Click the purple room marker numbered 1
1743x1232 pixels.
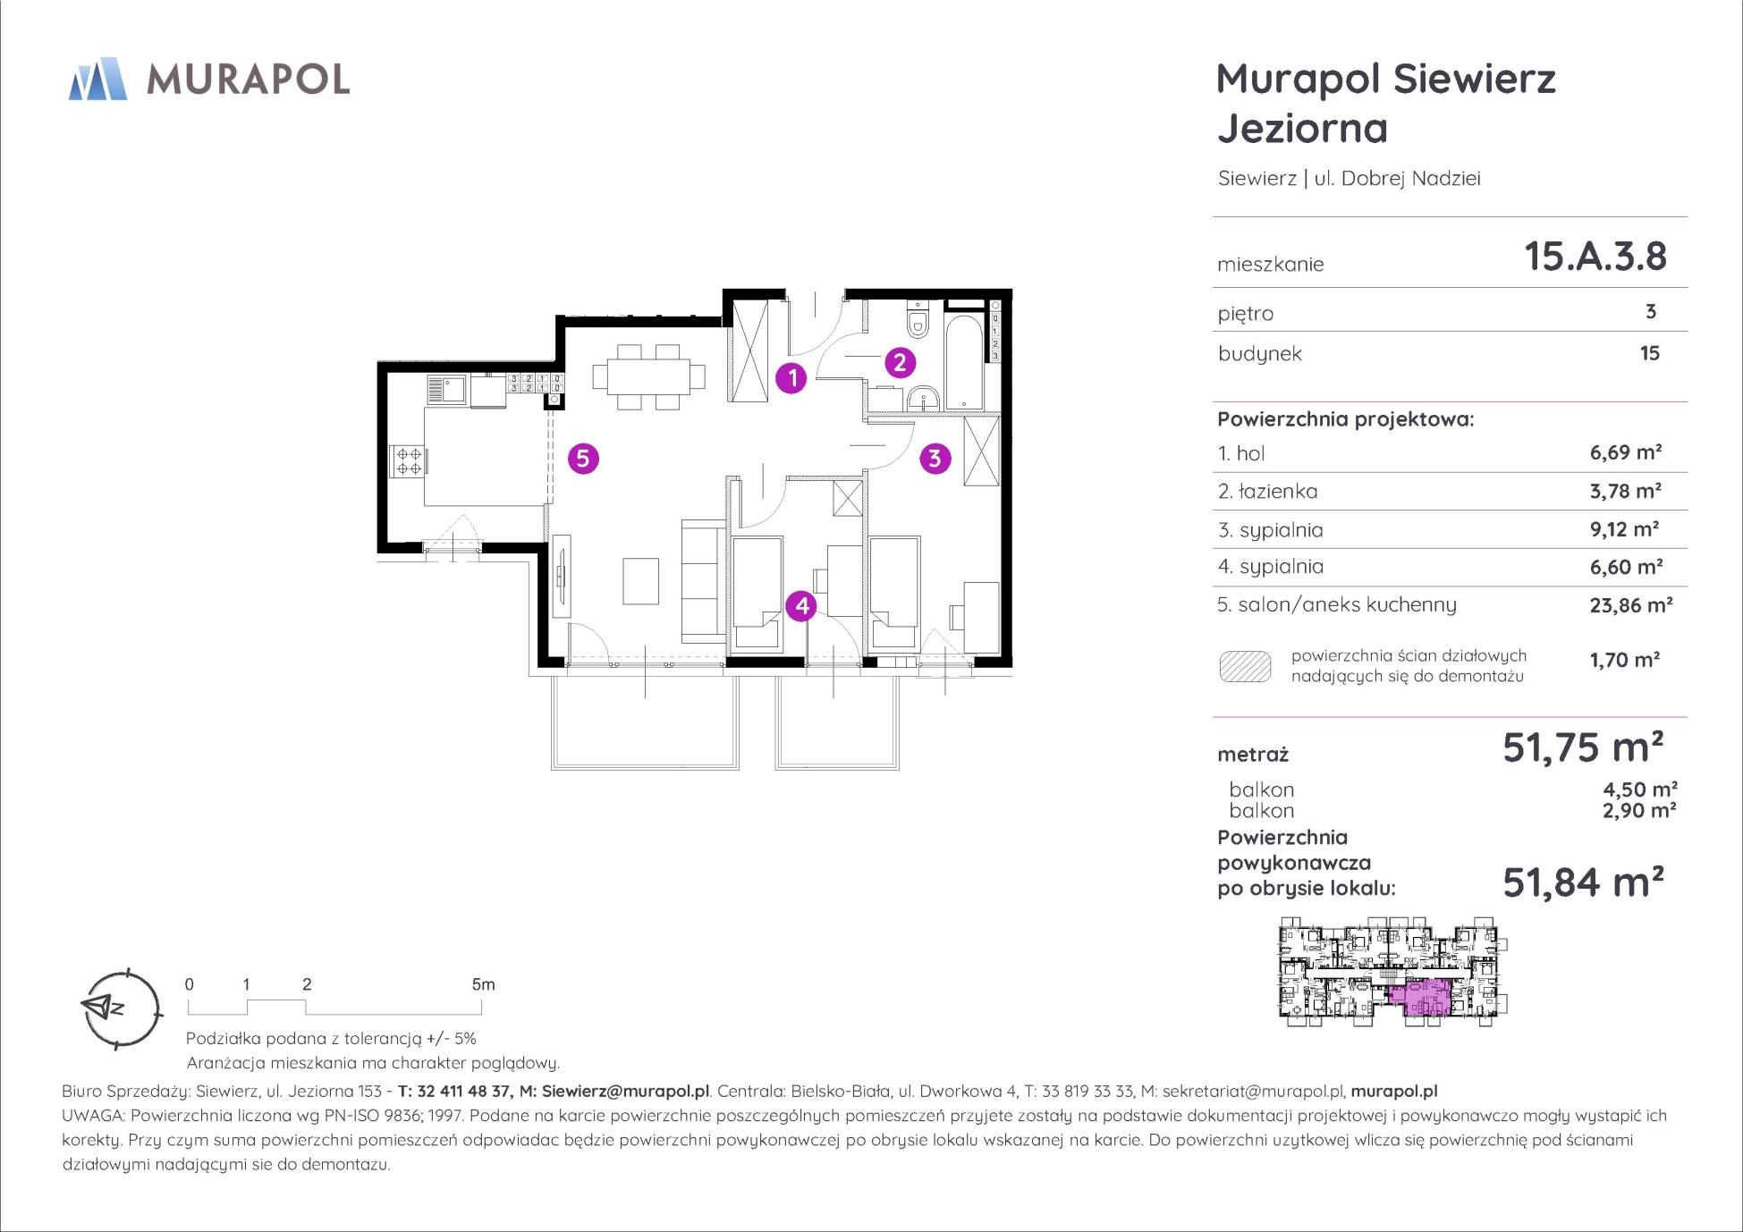click(x=791, y=378)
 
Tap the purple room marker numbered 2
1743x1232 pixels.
click(x=900, y=362)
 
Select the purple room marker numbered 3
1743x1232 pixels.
click(x=935, y=459)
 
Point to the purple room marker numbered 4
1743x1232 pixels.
click(x=801, y=606)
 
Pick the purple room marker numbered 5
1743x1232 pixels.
click(x=583, y=459)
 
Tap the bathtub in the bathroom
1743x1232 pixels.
click(x=964, y=362)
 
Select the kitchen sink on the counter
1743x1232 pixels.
click(x=446, y=390)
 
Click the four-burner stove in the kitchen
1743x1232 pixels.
click(x=409, y=460)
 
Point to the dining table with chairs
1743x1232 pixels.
click(x=648, y=376)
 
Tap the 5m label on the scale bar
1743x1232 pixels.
click(x=483, y=984)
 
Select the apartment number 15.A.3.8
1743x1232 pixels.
click(x=1595, y=257)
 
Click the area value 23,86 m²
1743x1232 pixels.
click(x=1630, y=605)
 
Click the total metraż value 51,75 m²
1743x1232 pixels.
click(x=1583, y=747)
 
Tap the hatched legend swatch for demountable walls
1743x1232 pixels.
click(x=1245, y=667)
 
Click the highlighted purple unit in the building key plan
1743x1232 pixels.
click(x=1420, y=999)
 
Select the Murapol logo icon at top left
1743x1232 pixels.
click(x=97, y=79)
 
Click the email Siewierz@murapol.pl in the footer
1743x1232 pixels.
click(x=625, y=1091)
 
